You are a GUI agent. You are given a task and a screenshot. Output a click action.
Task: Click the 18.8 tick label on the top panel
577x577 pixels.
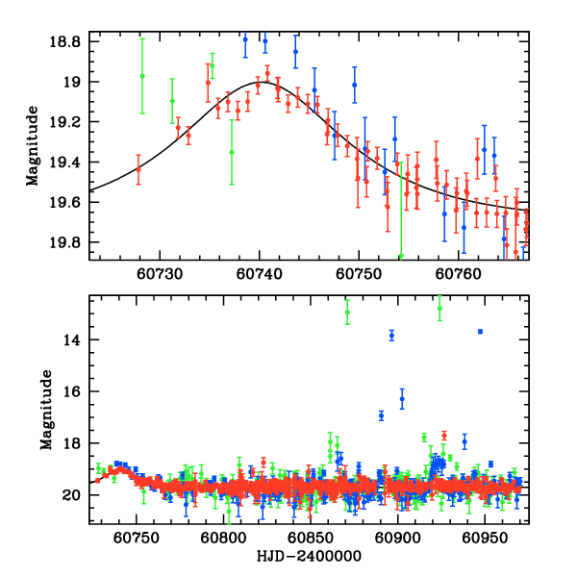click(x=70, y=43)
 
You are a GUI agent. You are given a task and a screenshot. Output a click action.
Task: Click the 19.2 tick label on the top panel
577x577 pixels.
click(x=70, y=122)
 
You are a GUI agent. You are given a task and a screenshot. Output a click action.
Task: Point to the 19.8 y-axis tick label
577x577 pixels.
click(x=70, y=241)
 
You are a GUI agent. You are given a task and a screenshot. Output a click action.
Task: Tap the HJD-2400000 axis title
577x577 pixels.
click(x=308, y=557)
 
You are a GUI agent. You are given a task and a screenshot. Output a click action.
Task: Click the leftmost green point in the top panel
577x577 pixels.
click(x=142, y=76)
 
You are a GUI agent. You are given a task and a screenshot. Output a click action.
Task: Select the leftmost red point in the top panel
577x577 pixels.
click(x=138, y=168)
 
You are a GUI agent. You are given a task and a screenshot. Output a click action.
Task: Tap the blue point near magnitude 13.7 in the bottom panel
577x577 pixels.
click(x=480, y=332)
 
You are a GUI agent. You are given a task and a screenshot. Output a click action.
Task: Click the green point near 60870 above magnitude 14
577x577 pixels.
click(x=347, y=313)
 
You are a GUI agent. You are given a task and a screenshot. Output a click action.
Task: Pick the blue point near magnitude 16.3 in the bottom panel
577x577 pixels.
click(x=402, y=398)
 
